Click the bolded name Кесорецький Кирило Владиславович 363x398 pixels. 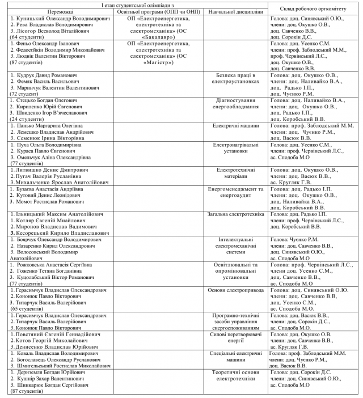(x=63, y=233)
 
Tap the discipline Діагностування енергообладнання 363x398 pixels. (x=237, y=103)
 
